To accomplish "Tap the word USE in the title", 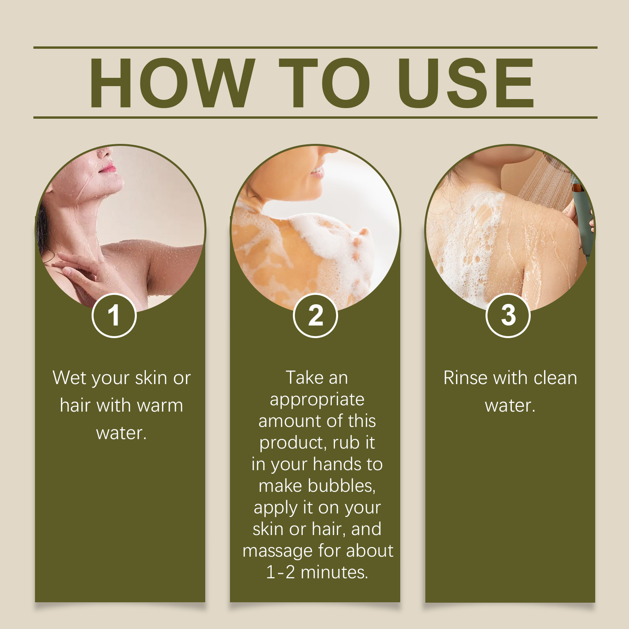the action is (x=466, y=83).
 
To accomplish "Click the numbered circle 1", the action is (x=114, y=315).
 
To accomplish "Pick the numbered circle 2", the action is (x=315, y=315).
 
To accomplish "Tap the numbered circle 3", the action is (x=508, y=315).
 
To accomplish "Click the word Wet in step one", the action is (x=69, y=378).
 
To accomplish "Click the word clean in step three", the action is (x=555, y=378).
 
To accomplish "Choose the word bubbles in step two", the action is (x=342, y=486).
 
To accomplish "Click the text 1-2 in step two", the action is (x=280, y=572).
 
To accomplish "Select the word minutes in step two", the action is (x=334, y=572).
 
